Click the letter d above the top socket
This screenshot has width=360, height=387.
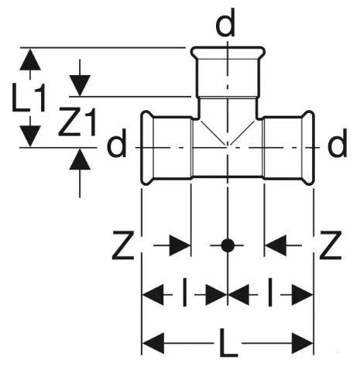[225, 22]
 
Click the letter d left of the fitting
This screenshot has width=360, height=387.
[117, 142]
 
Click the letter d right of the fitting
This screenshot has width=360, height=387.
[337, 142]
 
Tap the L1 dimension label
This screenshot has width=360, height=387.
[29, 98]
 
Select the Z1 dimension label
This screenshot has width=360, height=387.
[77, 122]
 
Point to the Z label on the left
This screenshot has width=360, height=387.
[123, 245]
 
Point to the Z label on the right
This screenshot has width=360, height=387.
[331, 245]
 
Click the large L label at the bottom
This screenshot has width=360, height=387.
[228, 343]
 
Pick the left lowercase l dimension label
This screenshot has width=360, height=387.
[184, 292]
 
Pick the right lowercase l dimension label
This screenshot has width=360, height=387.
[270, 292]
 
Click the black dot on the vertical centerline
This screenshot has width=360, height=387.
[228, 245]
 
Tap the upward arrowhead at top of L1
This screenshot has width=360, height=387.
[30, 60]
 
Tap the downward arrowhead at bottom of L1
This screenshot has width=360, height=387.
[30, 136]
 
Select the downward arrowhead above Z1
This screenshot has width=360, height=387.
[80, 86]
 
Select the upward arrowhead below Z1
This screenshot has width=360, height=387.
[80, 159]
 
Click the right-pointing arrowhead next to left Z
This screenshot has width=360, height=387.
[180, 245]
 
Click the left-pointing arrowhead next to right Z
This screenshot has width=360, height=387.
[276, 245]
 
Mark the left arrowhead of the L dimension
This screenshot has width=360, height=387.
[153, 343]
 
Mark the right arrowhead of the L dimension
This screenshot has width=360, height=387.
[302, 343]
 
